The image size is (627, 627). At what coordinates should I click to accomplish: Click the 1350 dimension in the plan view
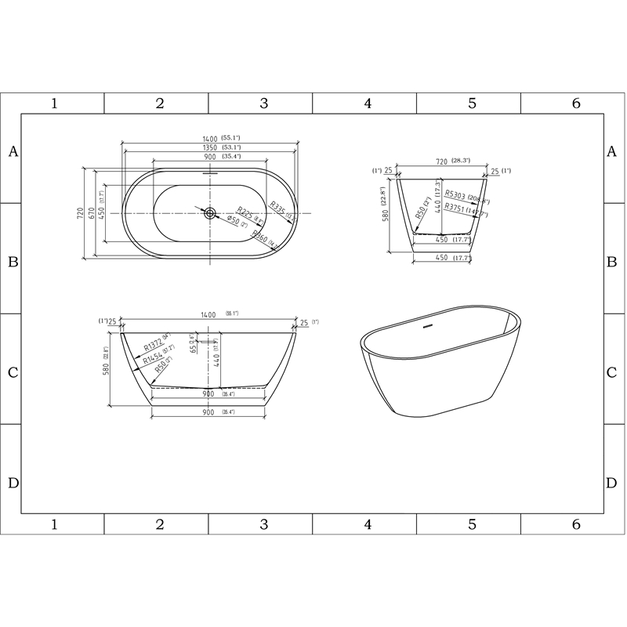coord(209,147)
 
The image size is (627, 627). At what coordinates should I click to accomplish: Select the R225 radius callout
coord(245,212)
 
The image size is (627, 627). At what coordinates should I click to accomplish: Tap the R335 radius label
coord(277,208)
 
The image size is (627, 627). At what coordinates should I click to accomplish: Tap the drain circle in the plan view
coord(209,212)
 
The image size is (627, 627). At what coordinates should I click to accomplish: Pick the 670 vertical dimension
coord(92,212)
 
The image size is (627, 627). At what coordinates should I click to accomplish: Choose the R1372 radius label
coord(152,346)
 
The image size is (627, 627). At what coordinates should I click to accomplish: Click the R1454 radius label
coord(152,359)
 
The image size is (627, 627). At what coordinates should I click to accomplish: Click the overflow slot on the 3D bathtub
coord(429,324)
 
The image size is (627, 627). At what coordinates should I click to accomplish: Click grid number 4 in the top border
coord(367,103)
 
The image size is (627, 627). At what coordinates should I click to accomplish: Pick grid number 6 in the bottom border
coord(576,524)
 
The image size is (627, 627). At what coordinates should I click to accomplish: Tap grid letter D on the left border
coord(13,482)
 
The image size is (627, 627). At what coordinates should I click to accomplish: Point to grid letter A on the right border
coord(612,152)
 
